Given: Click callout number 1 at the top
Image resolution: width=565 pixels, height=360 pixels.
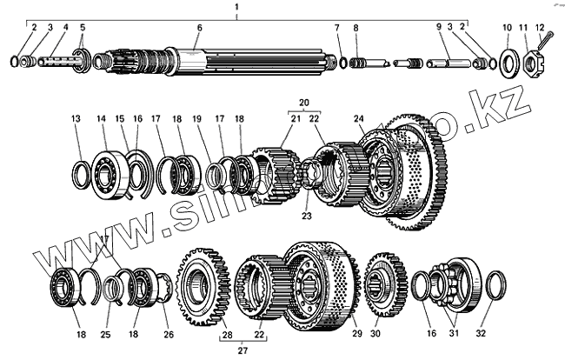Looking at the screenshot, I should pos(236,7).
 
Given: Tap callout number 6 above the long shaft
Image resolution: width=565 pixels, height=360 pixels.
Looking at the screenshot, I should pos(199,28).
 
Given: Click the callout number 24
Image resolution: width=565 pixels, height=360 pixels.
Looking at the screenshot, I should pos(358,118).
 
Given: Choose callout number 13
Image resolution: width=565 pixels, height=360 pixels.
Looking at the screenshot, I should pos(76,118).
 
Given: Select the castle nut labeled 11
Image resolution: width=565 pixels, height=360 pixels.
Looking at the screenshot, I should pos(526,62).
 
